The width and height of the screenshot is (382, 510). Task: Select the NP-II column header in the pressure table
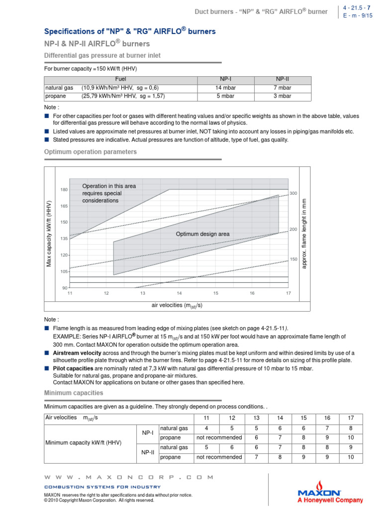[283, 79]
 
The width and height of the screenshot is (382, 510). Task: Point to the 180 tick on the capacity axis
[64, 190]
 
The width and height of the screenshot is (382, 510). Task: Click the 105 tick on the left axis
[64, 271]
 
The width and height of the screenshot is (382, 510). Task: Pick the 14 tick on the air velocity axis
[179, 293]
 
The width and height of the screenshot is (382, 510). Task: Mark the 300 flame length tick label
[293, 193]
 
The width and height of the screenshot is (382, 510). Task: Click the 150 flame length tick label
[293, 259]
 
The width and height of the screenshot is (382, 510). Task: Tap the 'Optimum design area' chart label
[202, 234]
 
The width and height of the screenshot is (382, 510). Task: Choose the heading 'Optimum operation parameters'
[91, 151]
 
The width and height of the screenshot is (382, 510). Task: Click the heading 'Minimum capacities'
[74, 393]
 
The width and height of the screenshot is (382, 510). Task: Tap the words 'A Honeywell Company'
[330, 500]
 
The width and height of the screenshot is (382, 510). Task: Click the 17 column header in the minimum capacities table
[351, 417]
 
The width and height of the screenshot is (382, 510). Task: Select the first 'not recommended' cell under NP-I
[219, 437]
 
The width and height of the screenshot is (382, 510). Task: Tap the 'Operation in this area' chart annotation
[109, 186]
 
